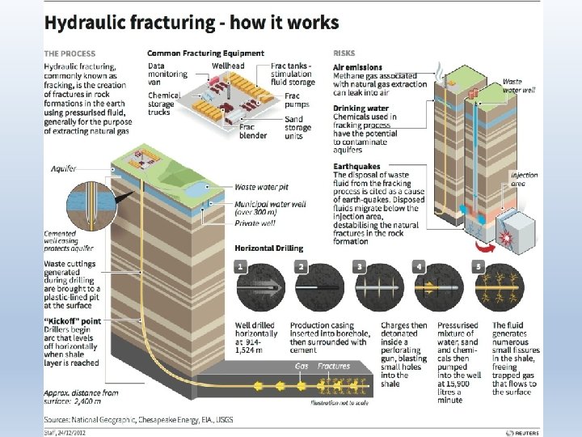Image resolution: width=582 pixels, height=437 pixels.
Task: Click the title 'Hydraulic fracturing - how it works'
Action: click(x=191, y=23)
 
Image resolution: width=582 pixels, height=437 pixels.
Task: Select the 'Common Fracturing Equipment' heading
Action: click(x=205, y=53)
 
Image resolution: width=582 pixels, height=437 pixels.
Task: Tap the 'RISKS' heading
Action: click(x=344, y=53)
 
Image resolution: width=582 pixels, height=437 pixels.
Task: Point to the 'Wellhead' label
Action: click(x=229, y=65)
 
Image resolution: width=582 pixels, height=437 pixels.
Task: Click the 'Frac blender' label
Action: click(x=251, y=131)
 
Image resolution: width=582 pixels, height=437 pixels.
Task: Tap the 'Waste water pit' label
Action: click(x=263, y=187)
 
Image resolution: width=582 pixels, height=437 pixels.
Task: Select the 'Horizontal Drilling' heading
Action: click(x=268, y=248)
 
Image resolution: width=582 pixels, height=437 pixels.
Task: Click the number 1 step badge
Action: click(x=241, y=266)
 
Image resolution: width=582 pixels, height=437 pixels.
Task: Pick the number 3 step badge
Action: click(x=360, y=266)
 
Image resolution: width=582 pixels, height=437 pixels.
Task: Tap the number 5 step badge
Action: click(x=479, y=266)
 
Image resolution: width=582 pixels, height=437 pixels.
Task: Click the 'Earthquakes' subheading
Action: click(x=357, y=167)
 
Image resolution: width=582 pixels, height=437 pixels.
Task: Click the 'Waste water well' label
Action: click(x=518, y=86)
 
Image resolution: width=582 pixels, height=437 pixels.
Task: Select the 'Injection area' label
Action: click(x=524, y=179)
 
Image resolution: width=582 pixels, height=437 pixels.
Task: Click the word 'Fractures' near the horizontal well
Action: click(x=334, y=366)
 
